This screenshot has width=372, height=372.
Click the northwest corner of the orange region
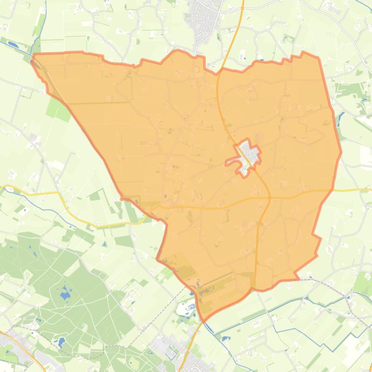pos(33,56)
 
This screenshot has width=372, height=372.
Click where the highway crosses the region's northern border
pos(219,72)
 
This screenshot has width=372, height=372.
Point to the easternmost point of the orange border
pos(341,152)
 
